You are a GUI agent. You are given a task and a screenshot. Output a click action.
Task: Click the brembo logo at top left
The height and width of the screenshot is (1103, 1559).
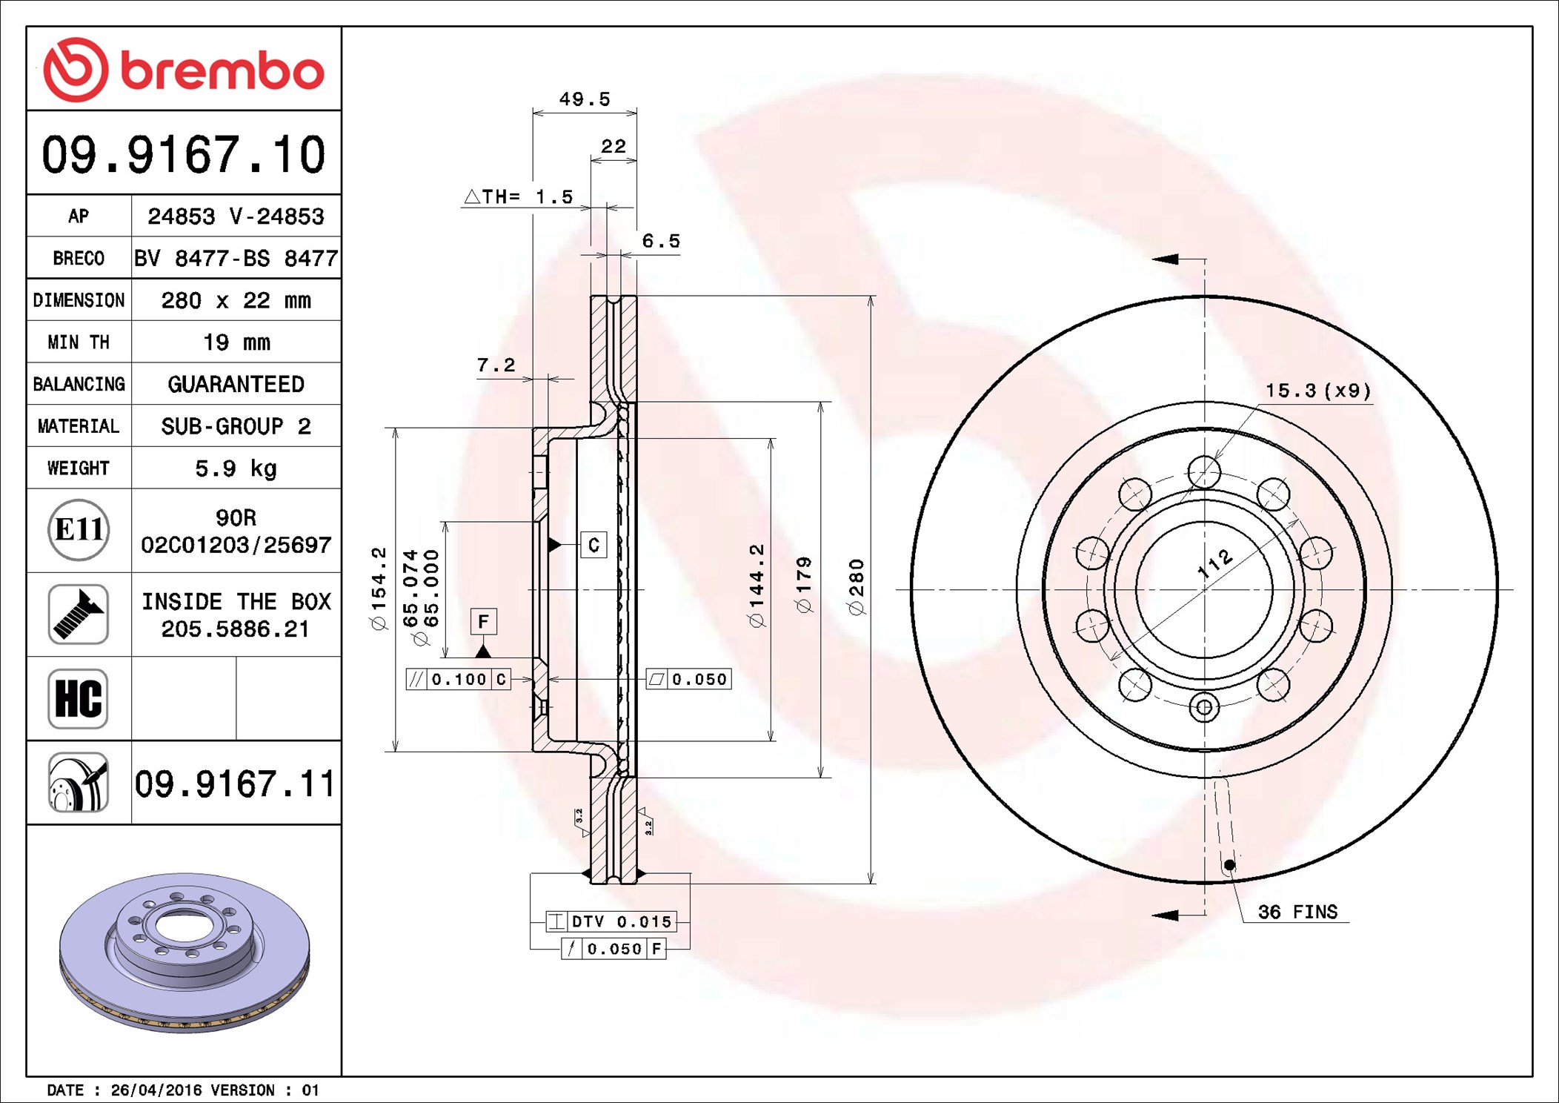[184, 70]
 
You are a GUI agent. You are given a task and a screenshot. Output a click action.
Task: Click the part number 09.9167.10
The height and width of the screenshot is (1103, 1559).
[184, 154]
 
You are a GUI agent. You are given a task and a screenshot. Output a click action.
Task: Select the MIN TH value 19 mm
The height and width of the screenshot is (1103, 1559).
[236, 342]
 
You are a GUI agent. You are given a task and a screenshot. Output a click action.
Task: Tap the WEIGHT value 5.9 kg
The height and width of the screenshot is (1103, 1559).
[236, 468]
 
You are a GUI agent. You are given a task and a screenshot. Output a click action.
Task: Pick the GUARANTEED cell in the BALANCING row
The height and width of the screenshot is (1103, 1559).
[236, 384]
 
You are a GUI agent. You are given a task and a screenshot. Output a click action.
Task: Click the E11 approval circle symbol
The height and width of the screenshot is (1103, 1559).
[79, 529]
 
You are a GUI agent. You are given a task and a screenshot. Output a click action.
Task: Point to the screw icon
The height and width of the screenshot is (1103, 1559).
[79, 614]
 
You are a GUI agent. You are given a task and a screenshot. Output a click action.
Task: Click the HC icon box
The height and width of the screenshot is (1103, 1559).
[79, 698]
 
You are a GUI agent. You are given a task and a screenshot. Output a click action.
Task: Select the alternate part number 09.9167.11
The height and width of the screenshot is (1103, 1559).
[235, 784]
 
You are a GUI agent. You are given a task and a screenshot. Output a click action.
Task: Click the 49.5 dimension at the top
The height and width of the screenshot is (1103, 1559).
[585, 99]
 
